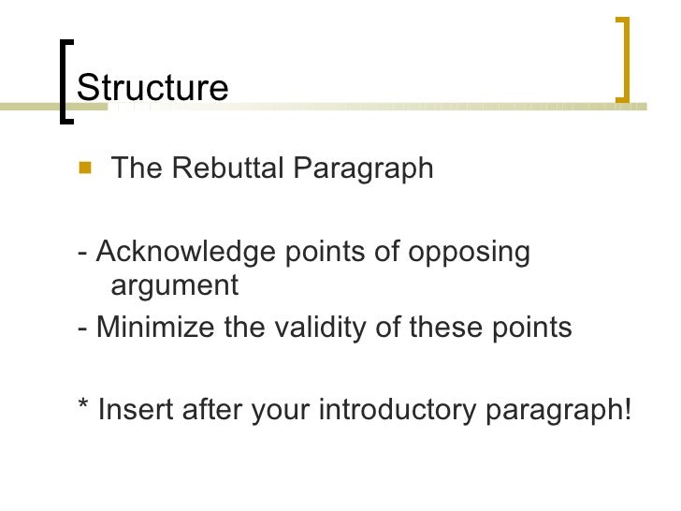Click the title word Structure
click(x=152, y=87)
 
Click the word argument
click(x=175, y=285)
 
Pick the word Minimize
click(x=155, y=328)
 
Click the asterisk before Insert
click(x=83, y=407)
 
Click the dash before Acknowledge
click(x=84, y=254)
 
